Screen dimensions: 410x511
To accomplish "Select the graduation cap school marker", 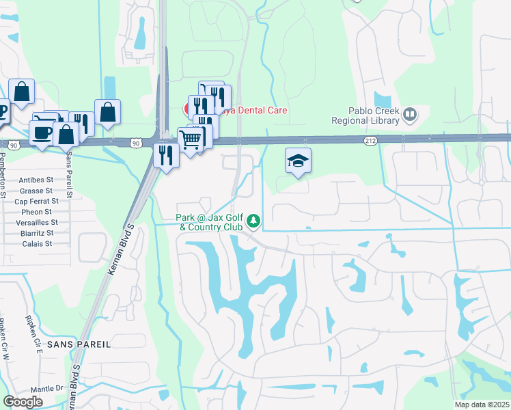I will pyautogui.click(x=298, y=161).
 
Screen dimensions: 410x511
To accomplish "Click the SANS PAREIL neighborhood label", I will pyautogui.click(x=79, y=344).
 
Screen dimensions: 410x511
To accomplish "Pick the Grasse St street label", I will pyautogui.click(x=36, y=191).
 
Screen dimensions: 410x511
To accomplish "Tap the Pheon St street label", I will pyautogui.click(x=38, y=212).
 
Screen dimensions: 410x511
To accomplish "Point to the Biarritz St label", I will pyautogui.click(x=35, y=233).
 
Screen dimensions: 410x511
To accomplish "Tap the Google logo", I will pyautogui.click(x=23, y=402).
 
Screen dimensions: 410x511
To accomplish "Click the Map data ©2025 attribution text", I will pyautogui.click(x=482, y=405).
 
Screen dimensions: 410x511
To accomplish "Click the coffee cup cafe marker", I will pyautogui.click(x=42, y=131).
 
